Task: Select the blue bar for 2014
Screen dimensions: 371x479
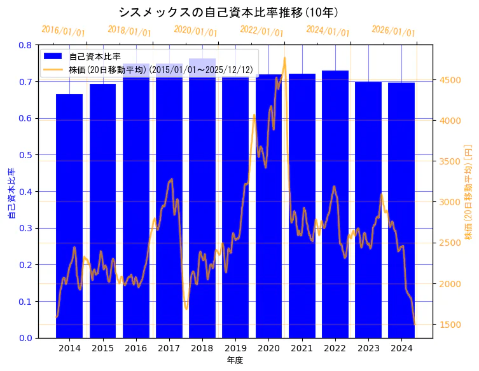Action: [69, 216]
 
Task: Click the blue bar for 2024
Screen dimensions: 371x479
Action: [401, 210]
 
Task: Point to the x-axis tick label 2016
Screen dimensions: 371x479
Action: [135, 348]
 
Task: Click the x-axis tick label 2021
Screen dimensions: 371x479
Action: [302, 348]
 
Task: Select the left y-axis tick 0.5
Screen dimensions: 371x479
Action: [25, 155]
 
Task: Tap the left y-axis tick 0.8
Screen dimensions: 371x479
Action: [25, 45]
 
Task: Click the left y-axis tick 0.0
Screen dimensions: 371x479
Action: [25, 338]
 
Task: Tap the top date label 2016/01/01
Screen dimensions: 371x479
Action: [63, 31]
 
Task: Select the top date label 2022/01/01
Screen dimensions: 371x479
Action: [261, 31]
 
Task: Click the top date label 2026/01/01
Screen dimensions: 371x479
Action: [393, 31]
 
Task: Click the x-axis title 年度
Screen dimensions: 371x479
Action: [235, 360]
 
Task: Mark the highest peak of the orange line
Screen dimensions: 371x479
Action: [284, 58]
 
